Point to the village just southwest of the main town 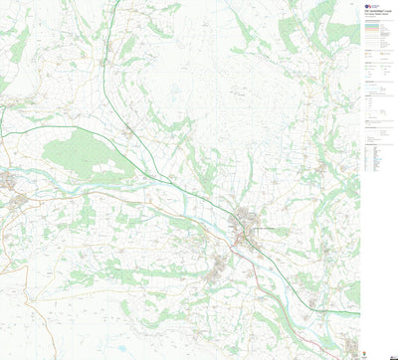pos(220,264)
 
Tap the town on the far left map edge pos(9,182)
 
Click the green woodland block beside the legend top pos(343,30)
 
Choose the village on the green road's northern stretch pos(128,132)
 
